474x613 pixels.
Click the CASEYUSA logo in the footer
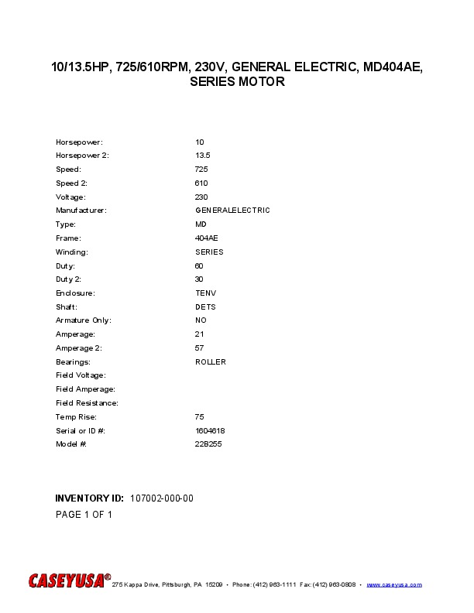click(70, 581)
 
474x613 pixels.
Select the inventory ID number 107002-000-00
click(162, 498)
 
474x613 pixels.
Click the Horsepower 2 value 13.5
click(203, 156)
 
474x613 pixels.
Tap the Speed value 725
click(201, 170)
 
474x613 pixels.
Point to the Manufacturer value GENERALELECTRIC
click(232, 211)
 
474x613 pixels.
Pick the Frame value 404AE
click(207, 238)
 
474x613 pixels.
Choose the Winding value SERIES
click(209, 252)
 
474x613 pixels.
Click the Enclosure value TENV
click(205, 293)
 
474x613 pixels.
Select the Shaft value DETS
click(205, 307)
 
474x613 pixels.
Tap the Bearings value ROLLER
click(211, 362)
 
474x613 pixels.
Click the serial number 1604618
click(210, 430)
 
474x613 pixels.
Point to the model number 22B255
click(208, 444)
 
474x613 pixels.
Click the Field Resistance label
click(87, 403)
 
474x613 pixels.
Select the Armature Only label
click(84, 320)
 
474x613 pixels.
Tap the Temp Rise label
click(76, 417)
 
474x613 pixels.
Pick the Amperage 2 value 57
click(199, 348)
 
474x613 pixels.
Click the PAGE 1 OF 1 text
click(84, 515)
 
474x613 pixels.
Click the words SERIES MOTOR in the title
click(237, 82)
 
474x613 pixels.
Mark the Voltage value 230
click(201, 197)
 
